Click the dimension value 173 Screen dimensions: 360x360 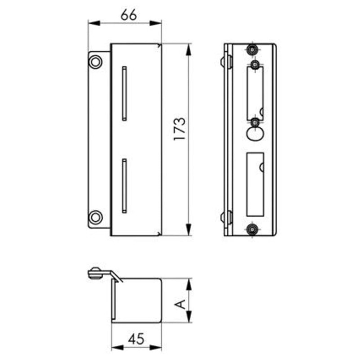pyautogui.click(x=179, y=130)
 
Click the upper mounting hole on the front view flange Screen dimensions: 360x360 pyautogui.click(x=95, y=61)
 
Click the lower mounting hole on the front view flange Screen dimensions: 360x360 pyautogui.click(x=95, y=217)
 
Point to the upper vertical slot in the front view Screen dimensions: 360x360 pyautogui.click(x=125, y=93)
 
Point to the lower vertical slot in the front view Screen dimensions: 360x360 pyautogui.click(x=125, y=185)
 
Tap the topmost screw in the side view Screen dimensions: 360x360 pyautogui.click(x=253, y=49)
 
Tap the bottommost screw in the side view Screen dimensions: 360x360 pyautogui.click(x=253, y=229)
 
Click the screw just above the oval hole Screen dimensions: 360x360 pyautogui.click(x=255, y=122)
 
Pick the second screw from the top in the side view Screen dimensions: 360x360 pyautogui.click(x=255, y=65)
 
